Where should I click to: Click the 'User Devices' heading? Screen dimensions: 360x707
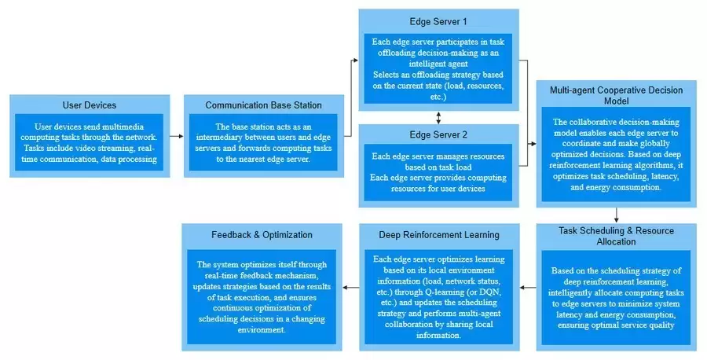(x=89, y=105)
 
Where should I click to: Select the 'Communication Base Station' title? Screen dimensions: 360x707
(x=263, y=105)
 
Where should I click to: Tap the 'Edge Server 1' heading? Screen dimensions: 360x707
(x=438, y=20)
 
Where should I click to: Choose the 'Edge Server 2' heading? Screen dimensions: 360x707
(x=438, y=134)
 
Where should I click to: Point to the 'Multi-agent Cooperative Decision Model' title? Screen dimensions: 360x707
(x=617, y=96)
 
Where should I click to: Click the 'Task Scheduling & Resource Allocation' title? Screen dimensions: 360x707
(x=617, y=236)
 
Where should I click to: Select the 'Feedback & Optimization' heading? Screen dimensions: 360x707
(x=262, y=234)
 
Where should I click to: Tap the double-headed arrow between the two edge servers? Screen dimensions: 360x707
(x=438, y=117)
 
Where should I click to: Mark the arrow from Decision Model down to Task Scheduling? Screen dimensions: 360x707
(x=617, y=215)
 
